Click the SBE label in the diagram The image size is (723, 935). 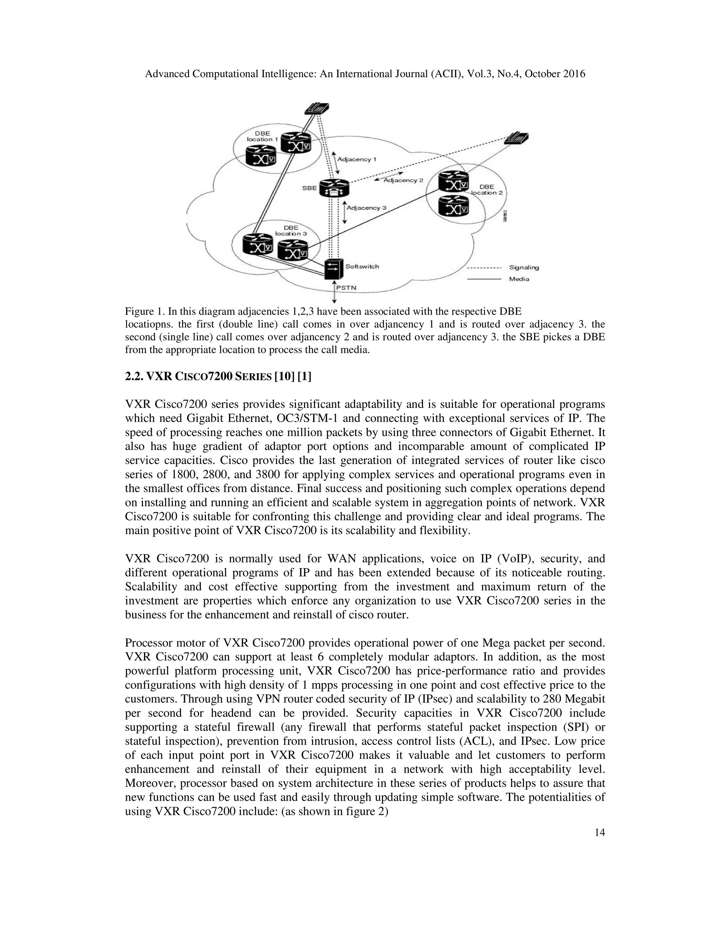(310, 187)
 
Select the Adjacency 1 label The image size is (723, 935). (357, 159)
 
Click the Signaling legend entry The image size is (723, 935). (524, 267)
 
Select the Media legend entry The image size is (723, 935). (519, 279)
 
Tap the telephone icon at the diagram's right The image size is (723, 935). (516, 137)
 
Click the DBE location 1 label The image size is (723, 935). (262, 136)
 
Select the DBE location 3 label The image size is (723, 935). (291, 230)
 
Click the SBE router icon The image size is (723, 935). (334, 187)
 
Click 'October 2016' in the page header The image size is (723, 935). (555, 74)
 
